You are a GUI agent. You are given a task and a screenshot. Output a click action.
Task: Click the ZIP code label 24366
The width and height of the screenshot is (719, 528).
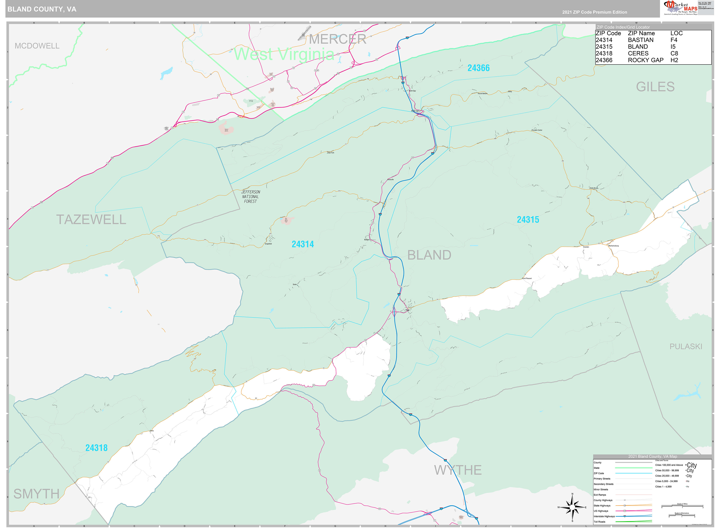click(478, 68)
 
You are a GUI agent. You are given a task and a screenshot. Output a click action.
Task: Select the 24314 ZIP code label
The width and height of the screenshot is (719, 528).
click(302, 244)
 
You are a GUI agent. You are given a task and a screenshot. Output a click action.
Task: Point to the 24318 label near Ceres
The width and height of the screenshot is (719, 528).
click(96, 448)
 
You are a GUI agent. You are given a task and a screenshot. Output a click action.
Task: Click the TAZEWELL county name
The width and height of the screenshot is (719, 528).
click(91, 220)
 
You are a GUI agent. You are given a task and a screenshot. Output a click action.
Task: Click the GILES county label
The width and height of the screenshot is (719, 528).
click(655, 87)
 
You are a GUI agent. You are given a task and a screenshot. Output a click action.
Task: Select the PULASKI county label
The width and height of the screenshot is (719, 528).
click(686, 346)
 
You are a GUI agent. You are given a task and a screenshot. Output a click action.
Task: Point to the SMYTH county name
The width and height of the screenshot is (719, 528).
click(36, 494)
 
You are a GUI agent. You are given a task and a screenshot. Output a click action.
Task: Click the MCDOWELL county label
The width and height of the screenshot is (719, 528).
click(37, 46)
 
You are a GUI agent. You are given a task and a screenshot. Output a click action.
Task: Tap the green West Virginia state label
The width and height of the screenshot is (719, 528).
click(284, 54)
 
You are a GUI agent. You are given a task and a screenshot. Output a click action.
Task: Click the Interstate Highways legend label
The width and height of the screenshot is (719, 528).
click(604, 516)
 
